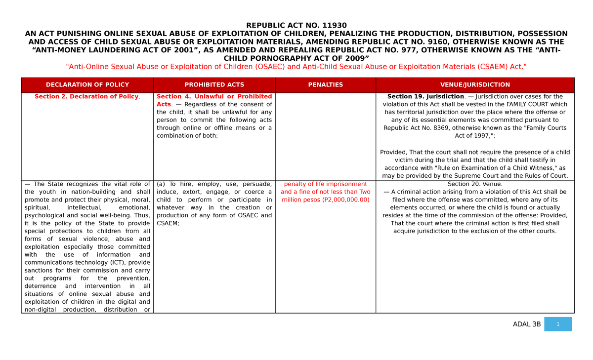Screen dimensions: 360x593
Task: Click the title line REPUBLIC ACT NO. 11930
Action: [x=296, y=25]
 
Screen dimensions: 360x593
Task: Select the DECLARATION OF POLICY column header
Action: [x=87, y=85]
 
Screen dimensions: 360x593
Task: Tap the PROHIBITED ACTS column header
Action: [x=214, y=85]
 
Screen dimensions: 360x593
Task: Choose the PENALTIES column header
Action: [x=325, y=85]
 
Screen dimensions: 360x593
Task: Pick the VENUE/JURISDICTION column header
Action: [x=475, y=85]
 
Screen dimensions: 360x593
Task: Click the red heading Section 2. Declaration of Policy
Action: [x=87, y=97]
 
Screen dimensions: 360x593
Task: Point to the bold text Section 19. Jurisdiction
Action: [x=425, y=97]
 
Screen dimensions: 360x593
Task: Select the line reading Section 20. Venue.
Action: [x=475, y=184]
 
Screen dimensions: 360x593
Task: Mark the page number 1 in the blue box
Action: [x=557, y=324]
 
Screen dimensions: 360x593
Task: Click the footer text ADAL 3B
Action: [x=527, y=324]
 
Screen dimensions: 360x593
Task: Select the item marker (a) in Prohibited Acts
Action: [x=162, y=184]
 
